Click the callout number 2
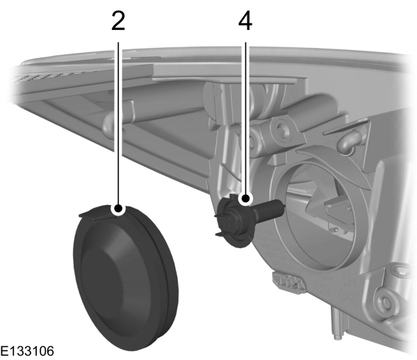click(118, 21)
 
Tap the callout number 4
click(245, 21)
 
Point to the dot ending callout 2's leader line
click(119, 207)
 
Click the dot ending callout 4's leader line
click(245, 200)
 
